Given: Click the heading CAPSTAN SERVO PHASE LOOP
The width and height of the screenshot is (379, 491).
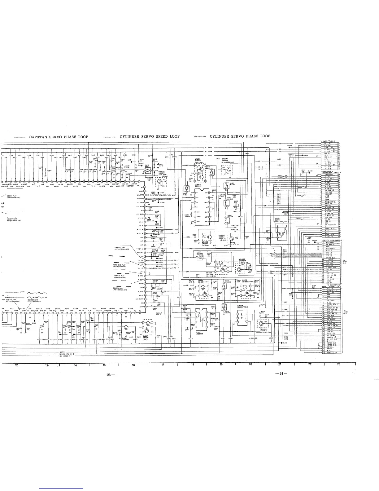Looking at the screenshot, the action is [59, 137].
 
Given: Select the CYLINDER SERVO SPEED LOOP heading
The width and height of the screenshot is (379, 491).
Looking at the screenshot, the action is [150, 136].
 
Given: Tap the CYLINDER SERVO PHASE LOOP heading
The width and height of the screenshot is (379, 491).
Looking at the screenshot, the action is [240, 136].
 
